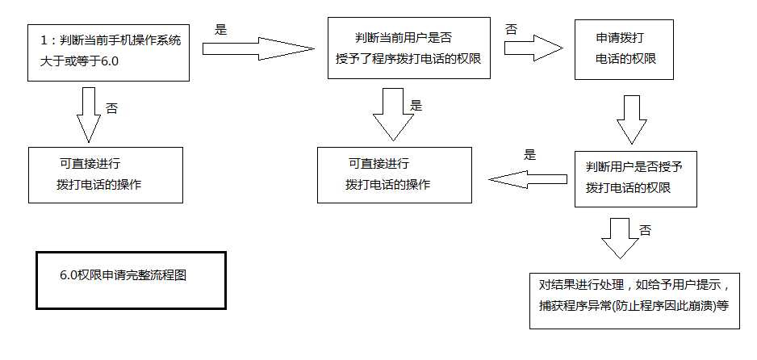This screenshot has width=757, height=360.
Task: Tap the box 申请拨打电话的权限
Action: (624, 49)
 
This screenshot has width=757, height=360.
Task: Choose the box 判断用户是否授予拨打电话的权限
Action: (635, 178)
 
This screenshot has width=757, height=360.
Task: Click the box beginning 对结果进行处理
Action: (634, 299)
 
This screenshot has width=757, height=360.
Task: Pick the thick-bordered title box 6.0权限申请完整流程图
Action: (132, 279)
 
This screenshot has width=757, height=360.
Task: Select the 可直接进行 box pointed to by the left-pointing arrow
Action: (394, 174)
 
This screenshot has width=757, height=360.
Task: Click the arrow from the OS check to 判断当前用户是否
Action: (257, 49)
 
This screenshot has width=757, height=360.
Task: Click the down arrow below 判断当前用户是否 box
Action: (392, 114)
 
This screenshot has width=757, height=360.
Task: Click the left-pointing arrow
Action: (529, 180)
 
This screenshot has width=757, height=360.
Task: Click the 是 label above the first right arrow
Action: (221, 30)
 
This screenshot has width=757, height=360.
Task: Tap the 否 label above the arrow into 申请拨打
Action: (511, 29)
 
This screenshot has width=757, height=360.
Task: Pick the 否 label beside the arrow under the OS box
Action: (111, 107)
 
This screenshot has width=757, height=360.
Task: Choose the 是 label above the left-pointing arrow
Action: (530, 156)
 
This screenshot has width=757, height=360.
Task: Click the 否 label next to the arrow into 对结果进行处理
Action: (645, 230)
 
